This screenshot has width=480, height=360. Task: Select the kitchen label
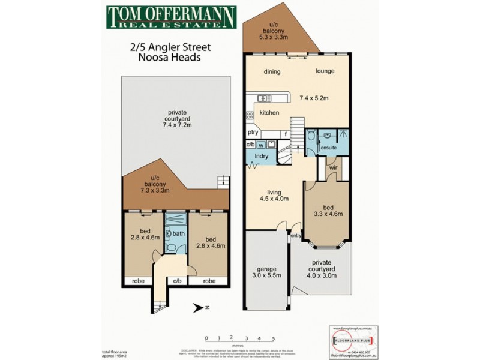[269, 113]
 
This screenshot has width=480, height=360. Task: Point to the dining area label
[272, 71]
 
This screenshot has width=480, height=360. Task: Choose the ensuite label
[329, 147]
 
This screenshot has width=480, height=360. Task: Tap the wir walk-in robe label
[334, 169]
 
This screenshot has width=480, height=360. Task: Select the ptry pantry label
[253, 133]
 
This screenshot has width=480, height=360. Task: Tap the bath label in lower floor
[179, 233]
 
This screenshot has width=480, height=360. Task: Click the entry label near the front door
[296, 236]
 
